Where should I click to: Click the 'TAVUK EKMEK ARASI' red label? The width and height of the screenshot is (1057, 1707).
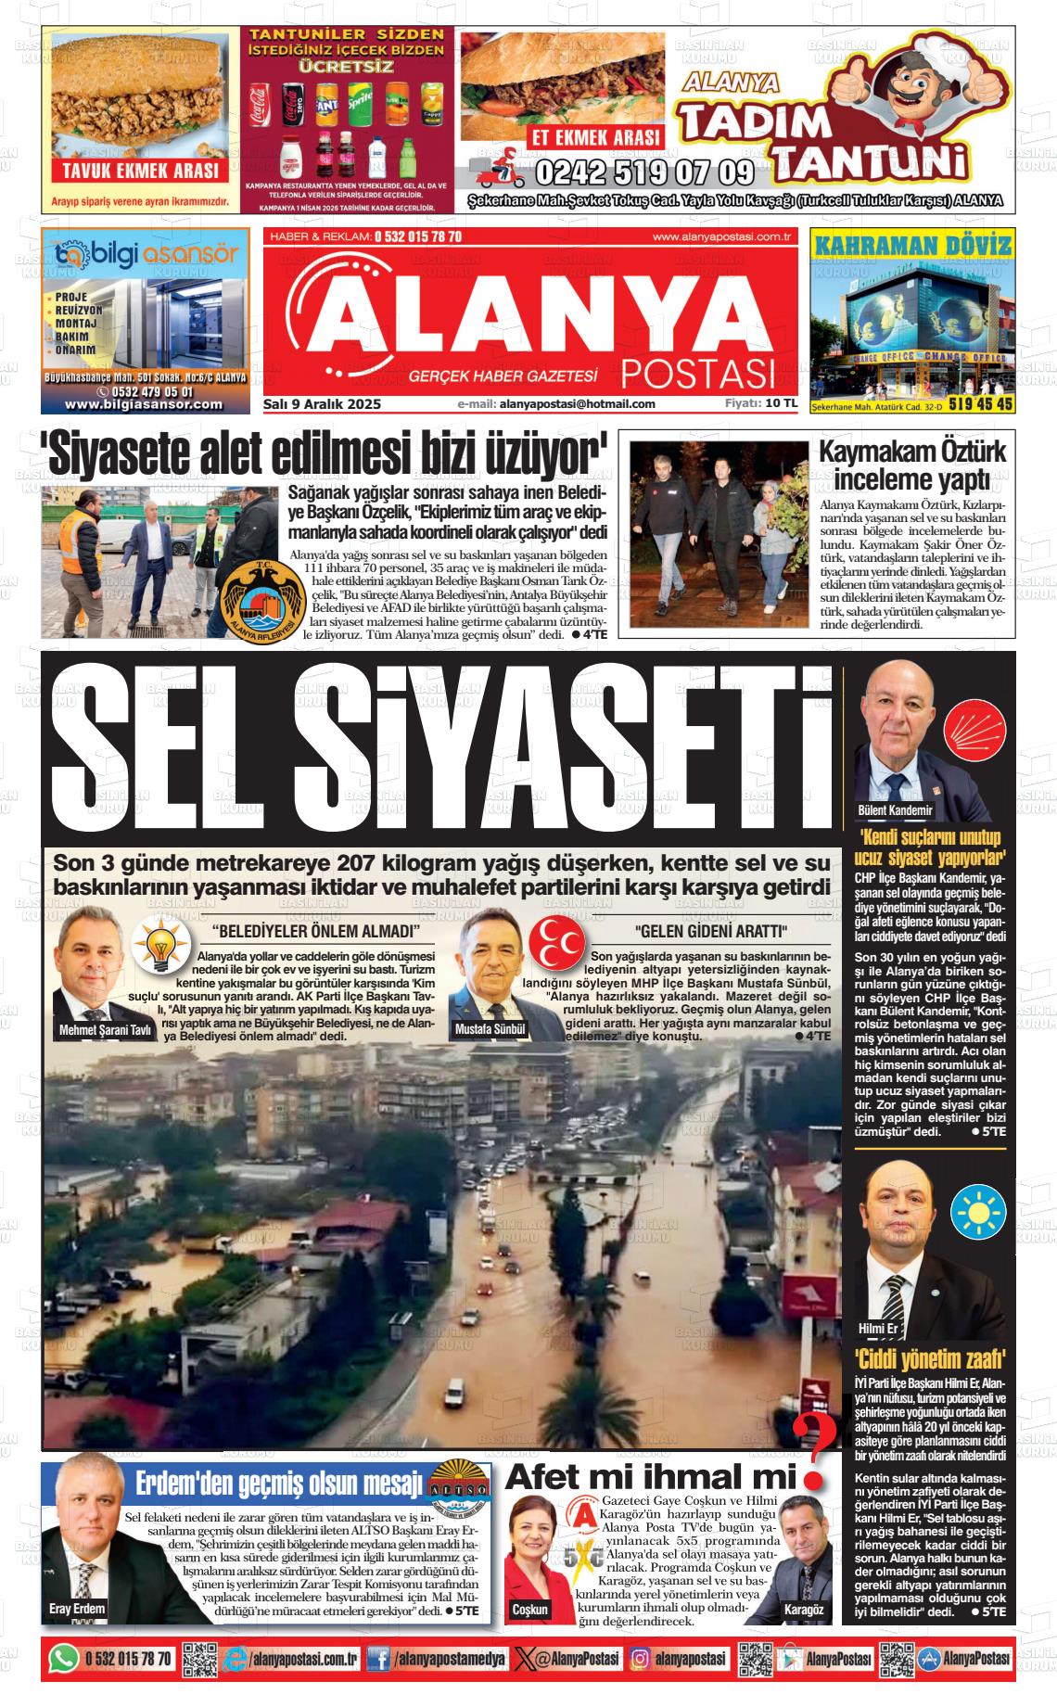141,171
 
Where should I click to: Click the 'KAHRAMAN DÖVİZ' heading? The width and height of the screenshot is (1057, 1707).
911,246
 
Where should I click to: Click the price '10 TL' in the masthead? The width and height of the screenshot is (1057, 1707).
782,403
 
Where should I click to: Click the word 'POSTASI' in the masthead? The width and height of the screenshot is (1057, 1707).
697,374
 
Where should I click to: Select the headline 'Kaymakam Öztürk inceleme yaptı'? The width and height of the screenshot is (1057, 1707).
912,465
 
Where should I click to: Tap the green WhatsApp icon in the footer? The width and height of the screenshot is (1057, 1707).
64,1659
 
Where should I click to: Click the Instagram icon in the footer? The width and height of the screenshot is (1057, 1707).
641,1659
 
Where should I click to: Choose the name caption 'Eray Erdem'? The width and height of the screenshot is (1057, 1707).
77,1609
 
